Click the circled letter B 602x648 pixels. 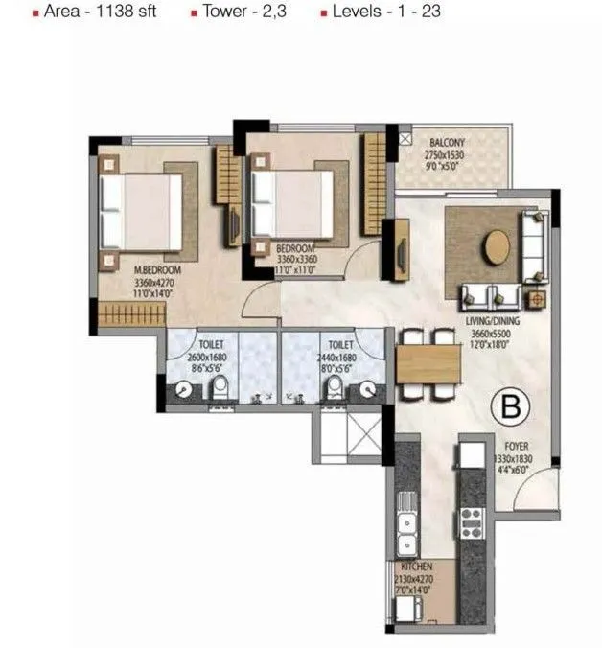click(x=510, y=406)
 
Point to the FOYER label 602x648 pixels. click(x=519, y=446)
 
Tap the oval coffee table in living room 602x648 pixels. click(x=498, y=246)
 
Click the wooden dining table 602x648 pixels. click(x=428, y=363)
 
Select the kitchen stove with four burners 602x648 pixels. click(x=472, y=521)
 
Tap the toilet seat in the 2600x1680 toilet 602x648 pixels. click(x=220, y=385)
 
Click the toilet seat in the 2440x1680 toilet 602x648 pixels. click(x=333, y=385)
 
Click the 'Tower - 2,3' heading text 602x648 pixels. click(x=240, y=12)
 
